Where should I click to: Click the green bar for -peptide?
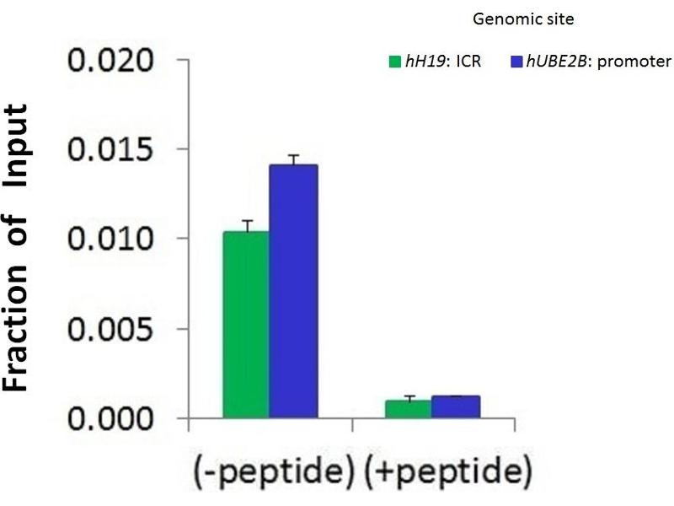(x=246, y=325)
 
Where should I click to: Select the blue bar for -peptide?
(x=293, y=291)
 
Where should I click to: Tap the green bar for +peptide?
(x=408, y=409)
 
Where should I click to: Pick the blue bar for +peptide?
(x=456, y=407)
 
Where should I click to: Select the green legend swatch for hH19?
(x=393, y=62)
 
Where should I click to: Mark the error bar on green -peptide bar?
(x=247, y=225)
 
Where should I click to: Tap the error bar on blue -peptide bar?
(x=293, y=159)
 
